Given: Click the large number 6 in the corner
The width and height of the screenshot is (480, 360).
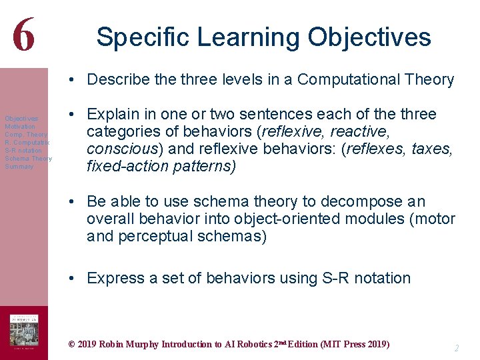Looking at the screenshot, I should point(23,33).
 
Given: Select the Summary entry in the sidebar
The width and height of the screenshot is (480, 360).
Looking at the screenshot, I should point(19,167).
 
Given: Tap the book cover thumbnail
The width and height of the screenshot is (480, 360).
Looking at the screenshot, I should point(23,332).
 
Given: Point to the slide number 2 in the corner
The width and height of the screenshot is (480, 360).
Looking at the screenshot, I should point(456,348).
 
